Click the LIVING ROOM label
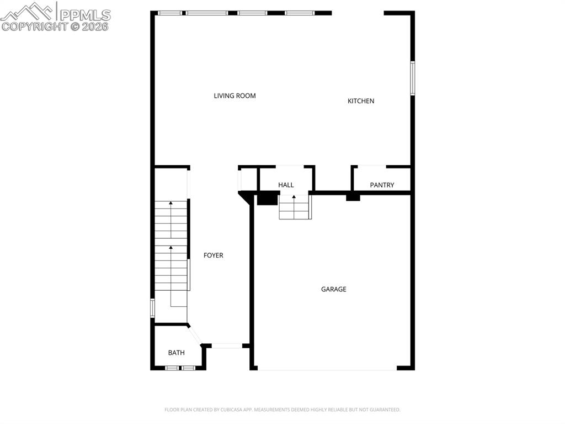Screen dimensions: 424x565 234,96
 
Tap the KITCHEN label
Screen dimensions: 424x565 361,101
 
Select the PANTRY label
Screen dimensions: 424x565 382,185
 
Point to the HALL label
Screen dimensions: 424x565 286,185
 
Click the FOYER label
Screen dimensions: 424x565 214,255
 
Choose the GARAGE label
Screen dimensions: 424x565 334,289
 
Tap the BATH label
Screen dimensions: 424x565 177,353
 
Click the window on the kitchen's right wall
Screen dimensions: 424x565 412,78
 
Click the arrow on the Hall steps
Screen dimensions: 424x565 294,198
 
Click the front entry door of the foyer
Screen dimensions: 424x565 227,346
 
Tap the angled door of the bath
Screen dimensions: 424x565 194,334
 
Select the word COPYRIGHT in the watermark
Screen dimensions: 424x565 35,26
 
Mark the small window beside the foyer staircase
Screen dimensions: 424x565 153,308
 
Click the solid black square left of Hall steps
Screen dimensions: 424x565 268,198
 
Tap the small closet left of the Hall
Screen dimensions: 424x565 248,179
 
